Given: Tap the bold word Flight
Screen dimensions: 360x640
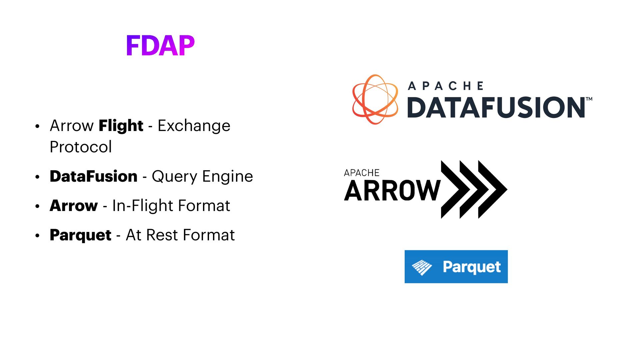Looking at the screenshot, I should pyautogui.click(x=121, y=126).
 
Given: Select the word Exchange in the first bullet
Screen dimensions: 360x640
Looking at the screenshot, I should pyautogui.click(x=194, y=126).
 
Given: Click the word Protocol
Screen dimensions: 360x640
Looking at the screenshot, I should pyautogui.click(x=81, y=147).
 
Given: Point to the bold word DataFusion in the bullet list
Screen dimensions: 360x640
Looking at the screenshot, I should pyautogui.click(x=93, y=176).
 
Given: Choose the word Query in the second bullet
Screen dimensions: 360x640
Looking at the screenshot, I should pyautogui.click(x=174, y=177).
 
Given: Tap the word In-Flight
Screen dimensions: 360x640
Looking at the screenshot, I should pyautogui.click(x=143, y=206).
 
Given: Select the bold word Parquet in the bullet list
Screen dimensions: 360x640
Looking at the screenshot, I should pyautogui.click(x=80, y=235).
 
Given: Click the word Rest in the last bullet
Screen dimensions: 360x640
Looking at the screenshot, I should pyautogui.click(x=162, y=235).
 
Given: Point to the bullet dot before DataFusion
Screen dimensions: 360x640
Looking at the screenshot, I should pyautogui.click(x=37, y=177).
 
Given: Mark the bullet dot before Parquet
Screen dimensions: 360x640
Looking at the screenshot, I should pyautogui.click(x=37, y=236).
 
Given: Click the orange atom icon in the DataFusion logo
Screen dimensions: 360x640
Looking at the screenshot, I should pyautogui.click(x=375, y=99).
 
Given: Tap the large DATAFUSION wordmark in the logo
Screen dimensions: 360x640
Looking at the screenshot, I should pyautogui.click(x=496, y=107).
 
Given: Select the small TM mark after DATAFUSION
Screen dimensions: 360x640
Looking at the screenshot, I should pyautogui.click(x=589, y=99).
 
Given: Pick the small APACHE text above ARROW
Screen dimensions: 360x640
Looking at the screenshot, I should pyautogui.click(x=362, y=173).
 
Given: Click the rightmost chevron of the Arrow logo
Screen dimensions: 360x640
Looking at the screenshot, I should pyautogui.click(x=493, y=189).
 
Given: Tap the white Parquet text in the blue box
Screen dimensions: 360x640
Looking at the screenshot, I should pyautogui.click(x=472, y=267).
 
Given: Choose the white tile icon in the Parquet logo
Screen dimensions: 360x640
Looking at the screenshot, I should pyautogui.click(x=422, y=267).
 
